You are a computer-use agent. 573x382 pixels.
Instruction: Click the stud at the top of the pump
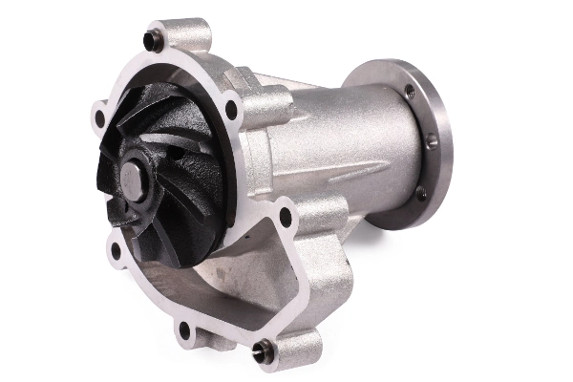click(x=150, y=39)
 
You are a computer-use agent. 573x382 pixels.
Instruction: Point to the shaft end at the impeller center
click(x=132, y=179)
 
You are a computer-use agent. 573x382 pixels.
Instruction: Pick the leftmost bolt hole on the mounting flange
click(x=99, y=118)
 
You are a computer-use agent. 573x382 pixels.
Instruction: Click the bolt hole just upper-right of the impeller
click(x=230, y=110)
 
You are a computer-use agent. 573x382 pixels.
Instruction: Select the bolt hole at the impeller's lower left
click(x=117, y=251)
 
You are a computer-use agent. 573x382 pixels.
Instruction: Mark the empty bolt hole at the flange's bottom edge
click(x=184, y=330)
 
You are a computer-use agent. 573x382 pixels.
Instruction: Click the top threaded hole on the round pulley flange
click(x=410, y=92)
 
